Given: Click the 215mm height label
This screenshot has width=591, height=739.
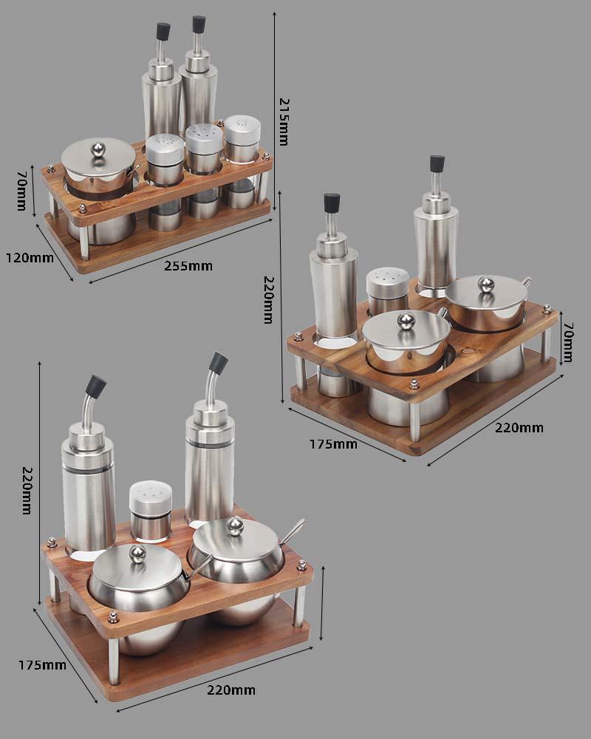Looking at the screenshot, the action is tap(284, 122).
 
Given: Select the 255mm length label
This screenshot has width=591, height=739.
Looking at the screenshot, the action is tap(188, 266).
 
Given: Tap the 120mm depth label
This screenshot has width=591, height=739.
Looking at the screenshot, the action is tap(30, 258).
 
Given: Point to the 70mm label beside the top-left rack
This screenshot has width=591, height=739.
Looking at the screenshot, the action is tap(22, 190).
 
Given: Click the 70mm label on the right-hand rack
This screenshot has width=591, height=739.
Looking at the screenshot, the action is tap(568, 342).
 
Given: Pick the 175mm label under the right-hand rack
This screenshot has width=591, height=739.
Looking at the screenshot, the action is tap(333, 444).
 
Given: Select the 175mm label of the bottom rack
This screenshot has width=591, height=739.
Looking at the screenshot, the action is tap(42, 665).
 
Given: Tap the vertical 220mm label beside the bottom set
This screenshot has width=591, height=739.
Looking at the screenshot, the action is tap(27, 490).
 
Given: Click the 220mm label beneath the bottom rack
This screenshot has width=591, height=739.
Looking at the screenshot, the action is tap(231, 690).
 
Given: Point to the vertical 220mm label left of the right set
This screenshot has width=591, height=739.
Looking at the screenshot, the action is tap(268, 300).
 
